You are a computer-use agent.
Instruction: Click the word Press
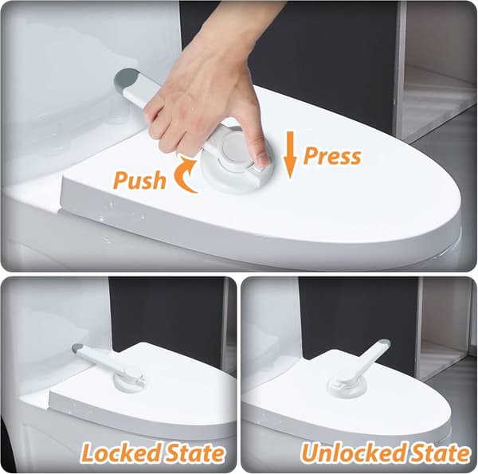click(x=332, y=156)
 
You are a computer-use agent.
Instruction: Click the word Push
click(x=139, y=180)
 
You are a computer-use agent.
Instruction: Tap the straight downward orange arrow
click(x=290, y=155)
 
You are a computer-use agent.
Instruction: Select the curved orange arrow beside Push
click(x=185, y=174)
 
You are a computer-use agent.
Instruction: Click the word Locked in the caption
click(x=120, y=453)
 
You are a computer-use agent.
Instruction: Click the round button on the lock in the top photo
click(x=237, y=148)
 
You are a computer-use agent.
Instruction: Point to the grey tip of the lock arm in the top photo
click(x=124, y=80)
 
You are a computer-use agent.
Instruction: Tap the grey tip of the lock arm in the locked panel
click(x=77, y=348)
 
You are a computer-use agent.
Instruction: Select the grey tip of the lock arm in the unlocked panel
click(x=384, y=344)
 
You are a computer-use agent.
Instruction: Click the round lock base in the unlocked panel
click(x=346, y=390)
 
